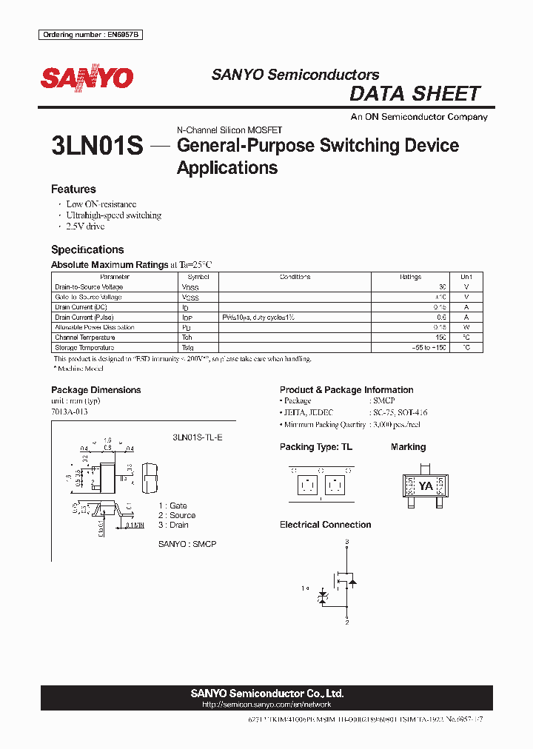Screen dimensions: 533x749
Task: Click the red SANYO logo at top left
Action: (87, 78)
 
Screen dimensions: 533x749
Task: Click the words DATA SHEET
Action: (415, 94)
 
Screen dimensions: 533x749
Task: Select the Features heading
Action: (73, 189)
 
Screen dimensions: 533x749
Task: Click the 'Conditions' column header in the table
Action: (295, 277)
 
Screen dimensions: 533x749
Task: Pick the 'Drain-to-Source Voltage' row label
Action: (89, 287)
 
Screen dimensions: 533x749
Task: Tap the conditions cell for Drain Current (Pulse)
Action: (258, 318)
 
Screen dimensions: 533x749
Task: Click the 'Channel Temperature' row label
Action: (84, 337)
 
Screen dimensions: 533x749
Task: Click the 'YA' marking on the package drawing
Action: (426, 486)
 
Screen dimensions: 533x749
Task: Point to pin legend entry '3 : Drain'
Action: (173, 525)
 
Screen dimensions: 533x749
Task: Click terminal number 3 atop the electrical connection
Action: (346, 543)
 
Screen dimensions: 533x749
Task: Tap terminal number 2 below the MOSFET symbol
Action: (346, 622)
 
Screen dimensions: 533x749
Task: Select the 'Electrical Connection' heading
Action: (325, 525)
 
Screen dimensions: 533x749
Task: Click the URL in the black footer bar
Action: (266, 705)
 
